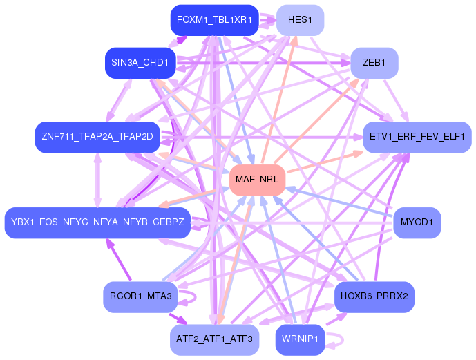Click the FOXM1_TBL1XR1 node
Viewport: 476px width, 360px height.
tap(214, 20)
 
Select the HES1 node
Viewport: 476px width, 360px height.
tap(300, 20)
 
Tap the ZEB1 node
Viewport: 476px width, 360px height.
tap(374, 63)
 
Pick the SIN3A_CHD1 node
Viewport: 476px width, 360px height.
tap(140, 63)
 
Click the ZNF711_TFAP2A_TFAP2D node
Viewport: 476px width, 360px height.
tap(97, 137)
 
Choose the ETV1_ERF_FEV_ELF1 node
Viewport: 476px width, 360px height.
tap(417, 137)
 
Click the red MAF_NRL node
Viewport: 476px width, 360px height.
tap(257, 180)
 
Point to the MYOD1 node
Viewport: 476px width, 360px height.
tap(417, 222)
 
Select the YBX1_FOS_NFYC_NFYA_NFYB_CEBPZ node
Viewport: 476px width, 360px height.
tap(97, 222)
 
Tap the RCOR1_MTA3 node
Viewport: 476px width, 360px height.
tap(140, 296)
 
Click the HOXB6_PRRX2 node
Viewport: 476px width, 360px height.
tap(374, 296)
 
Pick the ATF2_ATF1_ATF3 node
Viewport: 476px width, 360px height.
tap(214, 339)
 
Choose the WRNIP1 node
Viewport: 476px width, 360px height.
tap(300, 339)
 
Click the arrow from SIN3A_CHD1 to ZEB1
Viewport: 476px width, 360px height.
tap(263, 63)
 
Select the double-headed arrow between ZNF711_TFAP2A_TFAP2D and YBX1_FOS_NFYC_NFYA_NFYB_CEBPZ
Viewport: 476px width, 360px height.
tap(97, 180)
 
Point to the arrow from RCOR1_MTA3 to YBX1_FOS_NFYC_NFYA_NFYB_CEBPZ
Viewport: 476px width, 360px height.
tap(118, 260)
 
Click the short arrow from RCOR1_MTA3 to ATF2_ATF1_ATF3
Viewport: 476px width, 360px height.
tap(178, 319)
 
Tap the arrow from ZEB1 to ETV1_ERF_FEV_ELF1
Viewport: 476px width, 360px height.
tap(396, 100)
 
